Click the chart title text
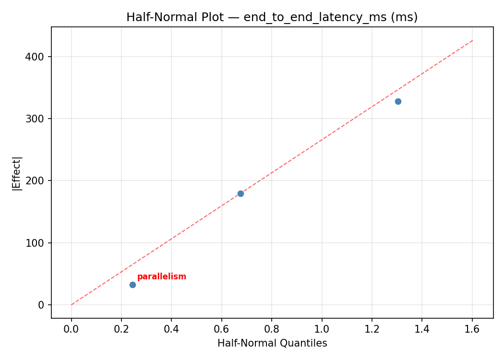[272, 17]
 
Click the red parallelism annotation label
[162, 277]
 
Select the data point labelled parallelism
[132, 285]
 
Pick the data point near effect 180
[240, 193]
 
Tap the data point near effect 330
[398, 101]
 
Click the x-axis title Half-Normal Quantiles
[272, 343]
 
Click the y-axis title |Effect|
[17, 173]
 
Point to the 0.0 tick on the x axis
[72, 329]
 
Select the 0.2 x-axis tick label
[121, 329]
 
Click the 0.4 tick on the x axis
[171, 329]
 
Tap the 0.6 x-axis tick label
[222, 329]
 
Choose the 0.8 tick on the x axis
[272, 329]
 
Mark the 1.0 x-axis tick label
[322, 329]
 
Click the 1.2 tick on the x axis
[372, 329]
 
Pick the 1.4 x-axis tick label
[422, 329]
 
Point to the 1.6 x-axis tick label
[472, 329]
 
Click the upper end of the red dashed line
[473, 40]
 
